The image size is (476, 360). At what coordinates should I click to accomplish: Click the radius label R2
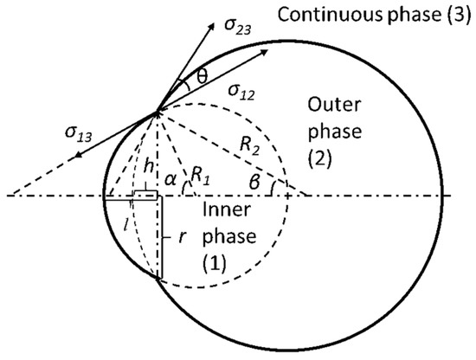click(x=254, y=147)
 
